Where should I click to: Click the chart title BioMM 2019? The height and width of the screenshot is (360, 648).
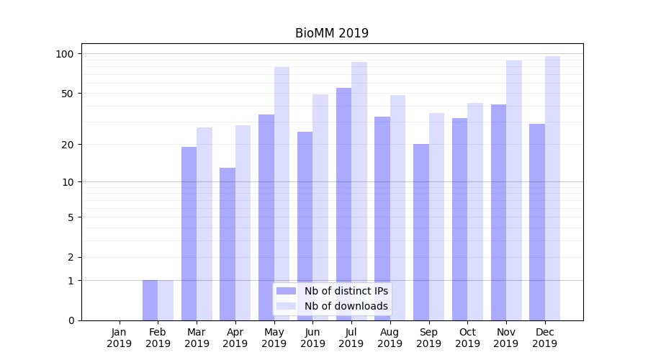(331, 33)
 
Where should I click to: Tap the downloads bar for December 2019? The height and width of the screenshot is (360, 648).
(552, 188)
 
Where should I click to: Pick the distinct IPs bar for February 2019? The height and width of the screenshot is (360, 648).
(150, 300)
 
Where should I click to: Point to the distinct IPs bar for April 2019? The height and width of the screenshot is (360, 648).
(228, 244)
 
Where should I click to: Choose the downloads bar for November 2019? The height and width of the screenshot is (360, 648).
(513, 190)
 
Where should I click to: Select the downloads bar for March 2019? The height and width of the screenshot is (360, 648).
(204, 224)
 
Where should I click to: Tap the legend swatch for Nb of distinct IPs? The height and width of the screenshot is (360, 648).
(286, 291)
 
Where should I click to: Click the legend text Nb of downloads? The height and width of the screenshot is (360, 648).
(346, 306)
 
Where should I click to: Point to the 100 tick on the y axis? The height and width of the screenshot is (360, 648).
(65, 54)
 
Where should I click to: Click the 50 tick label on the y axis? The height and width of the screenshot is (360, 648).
(67, 94)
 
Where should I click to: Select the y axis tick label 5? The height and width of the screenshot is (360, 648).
(71, 217)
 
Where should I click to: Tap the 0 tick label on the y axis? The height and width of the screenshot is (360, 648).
(71, 320)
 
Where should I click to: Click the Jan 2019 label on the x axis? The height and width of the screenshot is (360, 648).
(120, 338)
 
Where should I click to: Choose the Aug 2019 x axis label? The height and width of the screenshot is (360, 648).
(390, 338)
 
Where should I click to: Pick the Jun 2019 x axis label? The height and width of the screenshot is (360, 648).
(312, 338)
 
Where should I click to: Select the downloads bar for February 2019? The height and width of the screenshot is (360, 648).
(166, 300)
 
